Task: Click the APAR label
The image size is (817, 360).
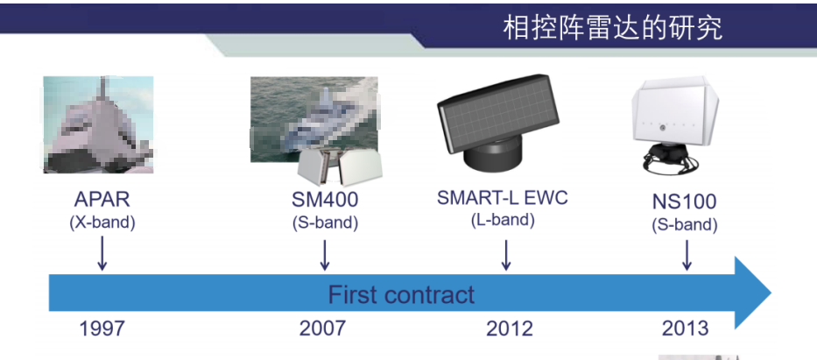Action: click(102, 200)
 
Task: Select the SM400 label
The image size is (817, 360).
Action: click(325, 200)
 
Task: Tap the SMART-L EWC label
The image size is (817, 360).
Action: click(503, 197)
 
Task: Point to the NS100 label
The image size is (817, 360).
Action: click(684, 201)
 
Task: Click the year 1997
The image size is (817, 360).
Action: click(102, 328)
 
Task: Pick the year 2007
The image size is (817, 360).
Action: click(322, 328)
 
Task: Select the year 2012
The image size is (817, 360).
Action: click(510, 328)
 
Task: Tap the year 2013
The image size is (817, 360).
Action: click(685, 328)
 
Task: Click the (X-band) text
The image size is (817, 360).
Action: click(102, 222)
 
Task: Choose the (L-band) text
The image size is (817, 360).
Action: click(503, 220)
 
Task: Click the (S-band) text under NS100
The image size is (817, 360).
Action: click(685, 224)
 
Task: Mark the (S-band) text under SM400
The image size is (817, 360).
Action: click(325, 222)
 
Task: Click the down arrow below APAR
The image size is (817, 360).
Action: click(102, 253)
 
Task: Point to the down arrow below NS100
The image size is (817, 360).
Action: click(687, 255)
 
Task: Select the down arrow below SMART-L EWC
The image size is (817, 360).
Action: click(505, 255)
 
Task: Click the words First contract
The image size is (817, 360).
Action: click(401, 295)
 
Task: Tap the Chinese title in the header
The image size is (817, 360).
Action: click(612, 28)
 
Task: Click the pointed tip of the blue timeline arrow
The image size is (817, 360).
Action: click(771, 293)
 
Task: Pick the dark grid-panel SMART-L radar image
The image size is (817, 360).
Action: click(497, 122)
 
